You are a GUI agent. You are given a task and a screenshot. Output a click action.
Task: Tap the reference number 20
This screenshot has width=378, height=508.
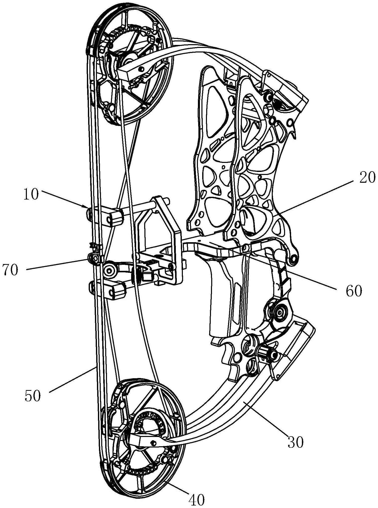pos(367,178)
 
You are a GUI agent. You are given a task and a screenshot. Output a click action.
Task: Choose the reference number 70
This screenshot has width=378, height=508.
pos(10,270)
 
